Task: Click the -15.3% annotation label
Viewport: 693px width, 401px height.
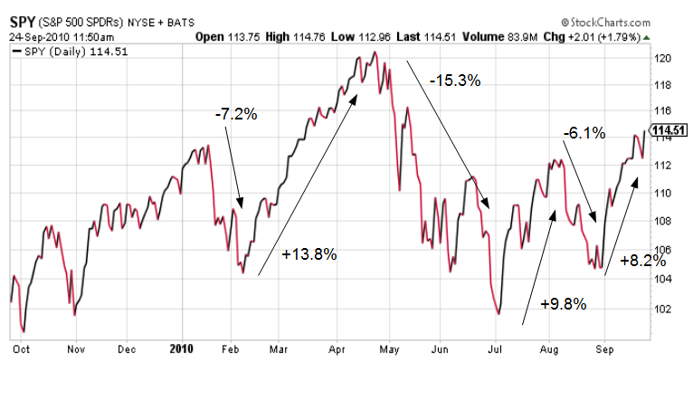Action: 455,81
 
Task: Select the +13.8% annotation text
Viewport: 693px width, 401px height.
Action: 309,254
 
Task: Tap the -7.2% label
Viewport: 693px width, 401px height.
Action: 236,114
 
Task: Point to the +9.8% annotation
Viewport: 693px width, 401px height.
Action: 563,304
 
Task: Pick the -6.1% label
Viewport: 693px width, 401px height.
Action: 584,133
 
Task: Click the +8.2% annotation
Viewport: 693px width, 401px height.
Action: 643,261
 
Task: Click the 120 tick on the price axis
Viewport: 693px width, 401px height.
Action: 662,58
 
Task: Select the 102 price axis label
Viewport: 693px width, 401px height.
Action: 662,309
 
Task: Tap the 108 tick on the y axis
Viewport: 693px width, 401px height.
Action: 662,221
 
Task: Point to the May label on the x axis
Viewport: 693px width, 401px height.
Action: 389,349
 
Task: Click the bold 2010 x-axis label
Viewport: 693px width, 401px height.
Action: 182,348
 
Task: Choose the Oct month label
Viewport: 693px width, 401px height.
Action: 21,349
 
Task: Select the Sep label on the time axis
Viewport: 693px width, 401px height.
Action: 604,349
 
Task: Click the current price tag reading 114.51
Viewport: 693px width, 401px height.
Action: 669,130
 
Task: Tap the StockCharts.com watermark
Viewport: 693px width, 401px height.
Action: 606,22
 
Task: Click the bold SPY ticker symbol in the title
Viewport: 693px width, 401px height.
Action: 22,22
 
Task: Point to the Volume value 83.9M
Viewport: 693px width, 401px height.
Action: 522,37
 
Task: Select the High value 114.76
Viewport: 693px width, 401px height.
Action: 309,37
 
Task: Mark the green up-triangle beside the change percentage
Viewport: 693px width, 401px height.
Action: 647,38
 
